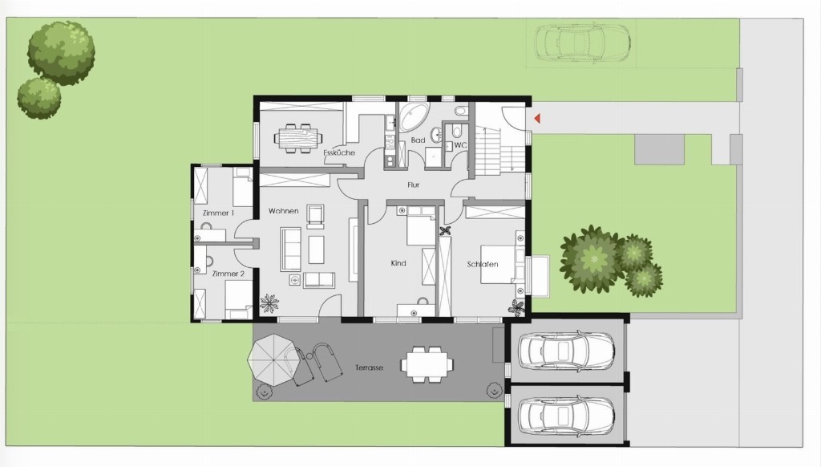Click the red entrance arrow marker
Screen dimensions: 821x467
tap(536, 119)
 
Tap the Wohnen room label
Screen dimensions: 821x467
tap(283, 211)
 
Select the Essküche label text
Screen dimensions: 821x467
tap(339, 153)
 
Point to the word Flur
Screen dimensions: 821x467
tap(413, 185)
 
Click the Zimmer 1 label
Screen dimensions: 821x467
tap(218, 213)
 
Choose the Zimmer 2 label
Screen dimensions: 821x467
tap(229, 274)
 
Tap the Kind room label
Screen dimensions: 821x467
tap(398, 263)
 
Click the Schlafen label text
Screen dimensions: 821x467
tap(482, 264)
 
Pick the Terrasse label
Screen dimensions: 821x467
tap(369, 368)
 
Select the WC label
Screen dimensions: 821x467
tap(460, 145)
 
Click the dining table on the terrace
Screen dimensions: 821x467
tap(427, 363)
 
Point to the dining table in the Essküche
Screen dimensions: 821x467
tap(297, 138)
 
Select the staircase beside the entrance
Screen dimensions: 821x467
tap(499, 151)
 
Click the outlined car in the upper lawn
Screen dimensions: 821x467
tap(582, 43)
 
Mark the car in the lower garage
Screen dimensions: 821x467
tap(566, 416)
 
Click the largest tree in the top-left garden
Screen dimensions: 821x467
tap(61, 52)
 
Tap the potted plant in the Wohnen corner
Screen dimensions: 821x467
tap(269, 303)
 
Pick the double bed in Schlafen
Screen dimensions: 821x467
tap(502, 264)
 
